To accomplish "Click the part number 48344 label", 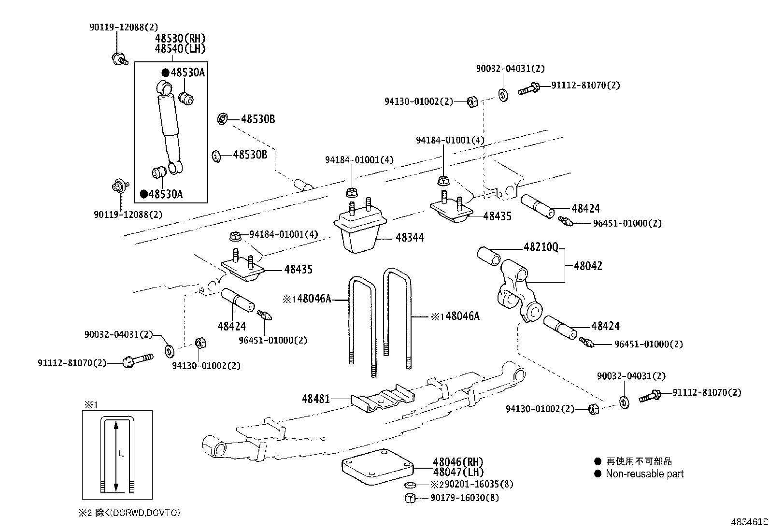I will pyautogui.click(x=410, y=238).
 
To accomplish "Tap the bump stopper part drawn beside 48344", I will pyautogui.click(x=360, y=232).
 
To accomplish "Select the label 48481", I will pyautogui.click(x=315, y=399).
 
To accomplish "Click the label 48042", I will pyautogui.click(x=588, y=266).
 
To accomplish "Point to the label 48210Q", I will pyautogui.click(x=541, y=248).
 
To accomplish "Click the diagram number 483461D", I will pyautogui.click(x=749, y=522).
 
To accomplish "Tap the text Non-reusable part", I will pyautogui.click(x=644, y=474).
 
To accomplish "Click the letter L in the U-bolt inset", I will pyautogui.click(x=121, y=454).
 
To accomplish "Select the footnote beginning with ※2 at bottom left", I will pyautogui.click(x=130, y=513).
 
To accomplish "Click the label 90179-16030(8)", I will pyautogui.click(x=464, y=498).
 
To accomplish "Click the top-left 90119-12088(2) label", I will pyautogui.click(x=123, y=28).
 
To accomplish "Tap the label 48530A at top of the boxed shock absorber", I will pyautogui.click(x=188, y=73).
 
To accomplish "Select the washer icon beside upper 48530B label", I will pyautogui.click(x=223, y=119).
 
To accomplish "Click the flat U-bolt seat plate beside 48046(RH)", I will pyautogui.click(x=377, y=467).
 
